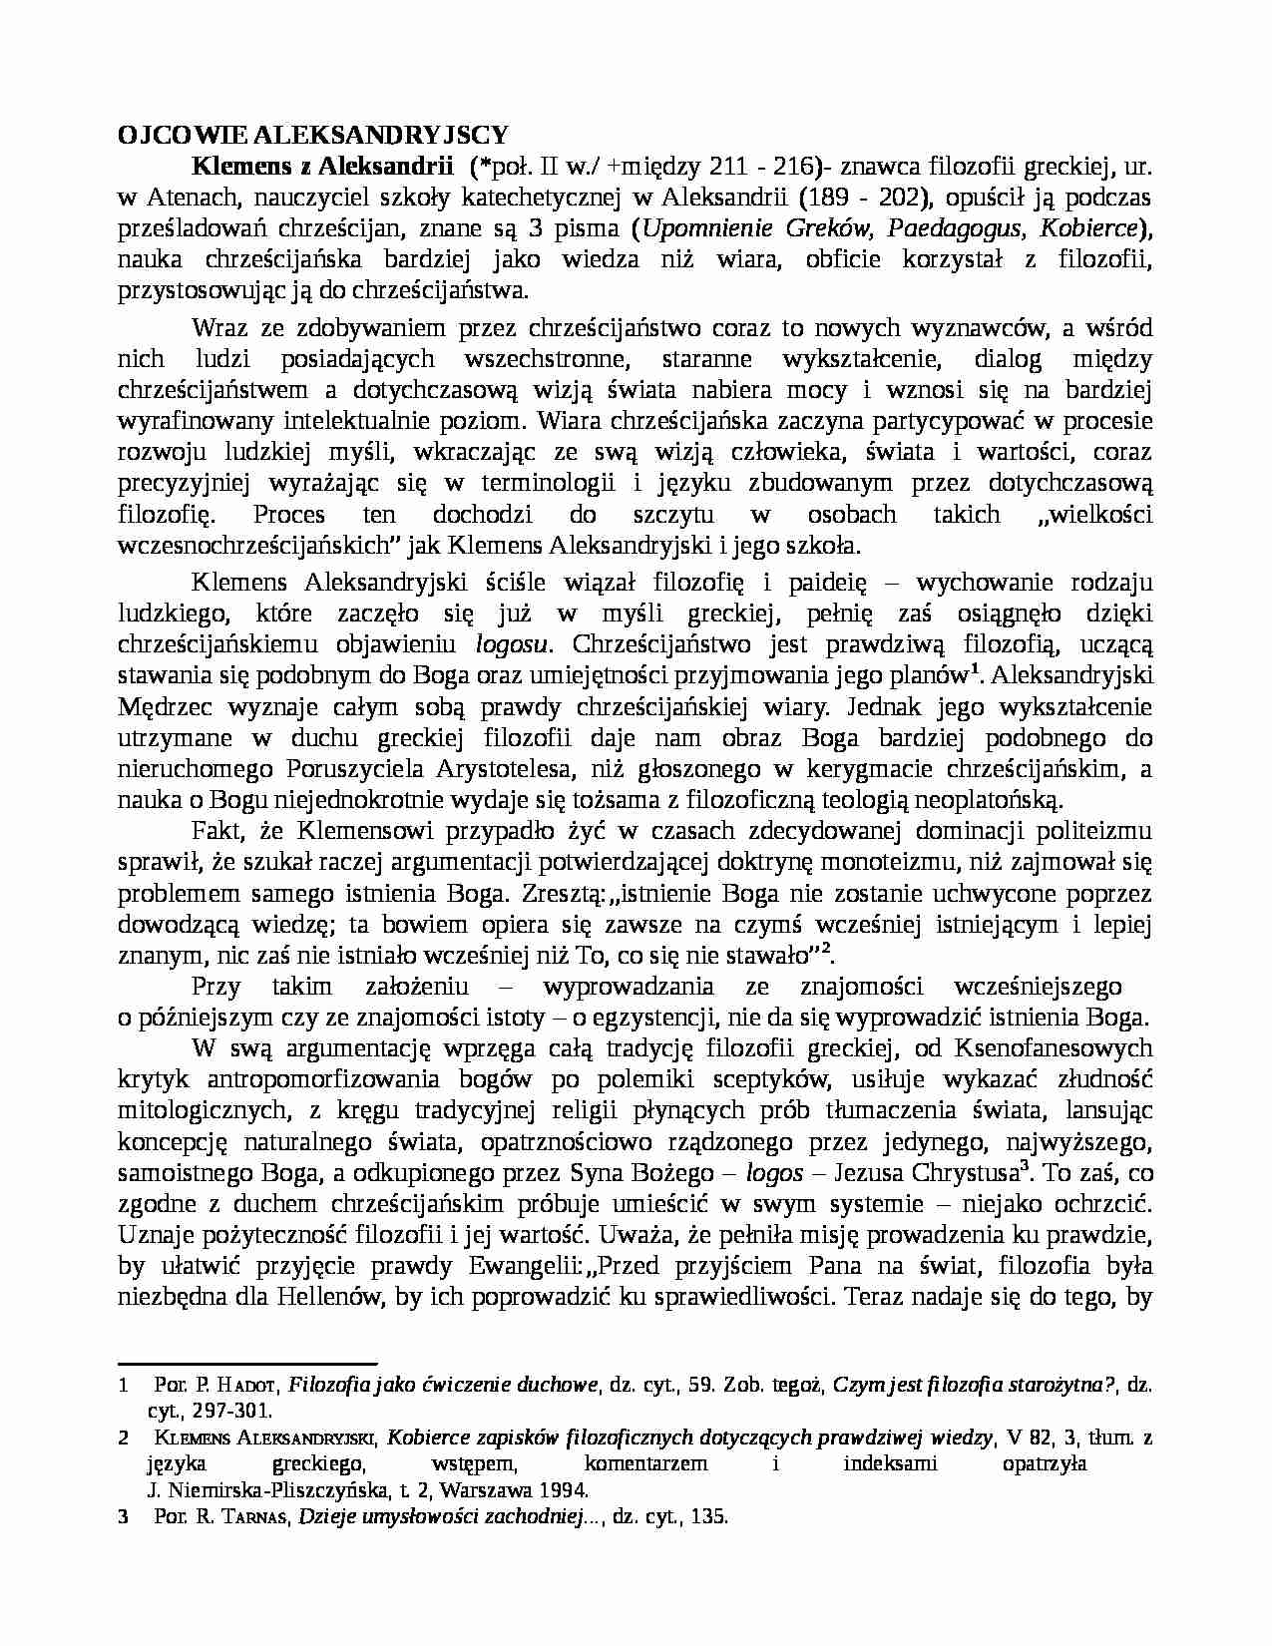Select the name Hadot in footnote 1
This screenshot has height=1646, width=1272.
247,1386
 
